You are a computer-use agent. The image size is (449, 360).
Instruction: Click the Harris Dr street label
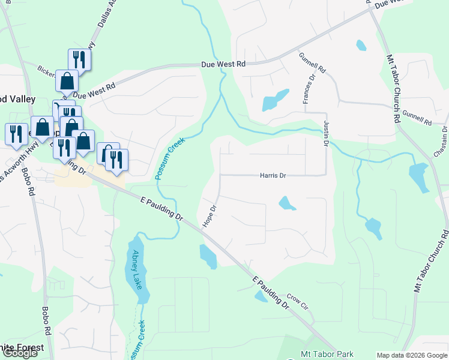273,176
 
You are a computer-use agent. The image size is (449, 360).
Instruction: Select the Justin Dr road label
327,134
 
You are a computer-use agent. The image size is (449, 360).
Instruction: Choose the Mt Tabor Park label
327,355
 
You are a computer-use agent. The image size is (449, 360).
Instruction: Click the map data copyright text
411,355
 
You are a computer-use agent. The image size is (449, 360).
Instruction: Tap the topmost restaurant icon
79,59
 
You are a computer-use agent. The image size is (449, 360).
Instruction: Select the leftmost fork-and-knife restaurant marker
16,133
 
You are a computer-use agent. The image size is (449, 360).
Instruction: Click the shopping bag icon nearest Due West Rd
67,80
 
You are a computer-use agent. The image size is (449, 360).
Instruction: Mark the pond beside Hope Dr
208,256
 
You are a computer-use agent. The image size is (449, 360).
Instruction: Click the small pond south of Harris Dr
287,204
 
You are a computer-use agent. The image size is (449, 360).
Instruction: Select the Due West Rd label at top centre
223,64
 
